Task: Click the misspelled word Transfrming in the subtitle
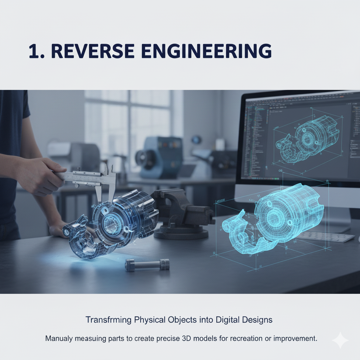108,320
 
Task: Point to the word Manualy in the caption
58,339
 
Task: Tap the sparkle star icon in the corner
340,341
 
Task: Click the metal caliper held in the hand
91,178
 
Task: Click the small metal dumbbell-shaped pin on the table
147,264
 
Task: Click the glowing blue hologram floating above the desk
274,218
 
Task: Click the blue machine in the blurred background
160,156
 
